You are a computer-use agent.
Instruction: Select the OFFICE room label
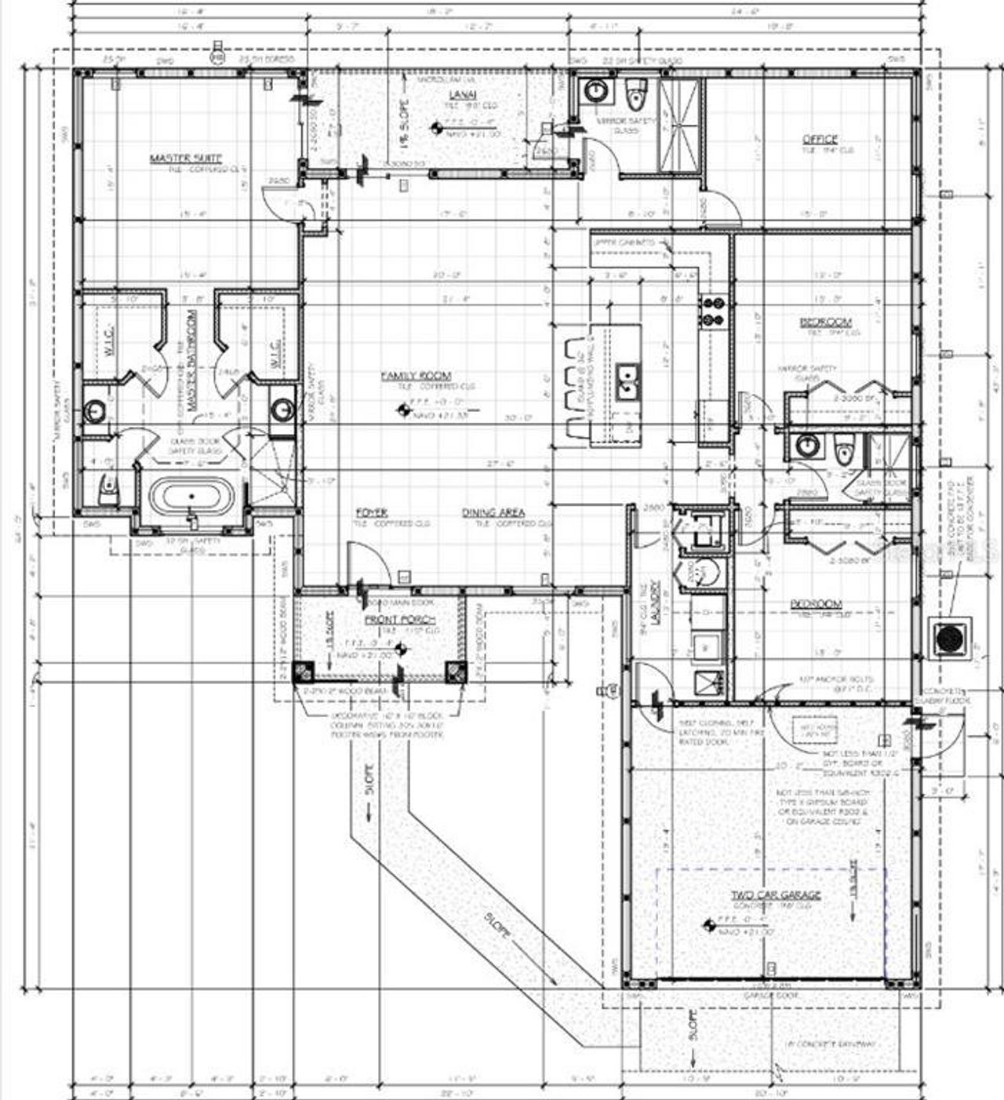[x=820, y=139]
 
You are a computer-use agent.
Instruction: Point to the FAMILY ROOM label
[x=416, y=377]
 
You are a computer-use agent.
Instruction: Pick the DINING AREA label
[x=493, y=512]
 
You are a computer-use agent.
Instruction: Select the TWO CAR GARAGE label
[x=776, y=894]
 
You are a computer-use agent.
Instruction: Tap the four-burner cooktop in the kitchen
[x=714, y=310]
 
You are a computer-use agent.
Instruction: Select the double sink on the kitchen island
[x=626, y=383]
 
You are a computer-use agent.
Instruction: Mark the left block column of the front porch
[x=304, y=672]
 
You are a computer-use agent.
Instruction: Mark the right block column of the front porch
[x=455, y=672]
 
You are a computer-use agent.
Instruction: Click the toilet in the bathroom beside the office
[x=635, y=96]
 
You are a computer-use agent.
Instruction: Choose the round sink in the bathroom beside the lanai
[x=596, y=92]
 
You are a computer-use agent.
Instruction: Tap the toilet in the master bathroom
[x=107, y=492]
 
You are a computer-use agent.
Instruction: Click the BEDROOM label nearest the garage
[x=816, y=604]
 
